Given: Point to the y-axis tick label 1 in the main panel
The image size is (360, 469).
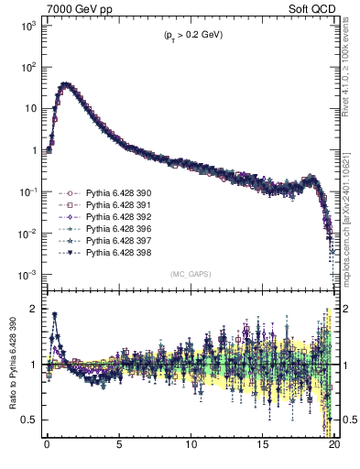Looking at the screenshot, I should (35, 150).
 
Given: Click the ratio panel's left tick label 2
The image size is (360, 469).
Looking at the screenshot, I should (35, 309).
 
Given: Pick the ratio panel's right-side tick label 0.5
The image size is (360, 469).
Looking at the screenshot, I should (348, 420).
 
